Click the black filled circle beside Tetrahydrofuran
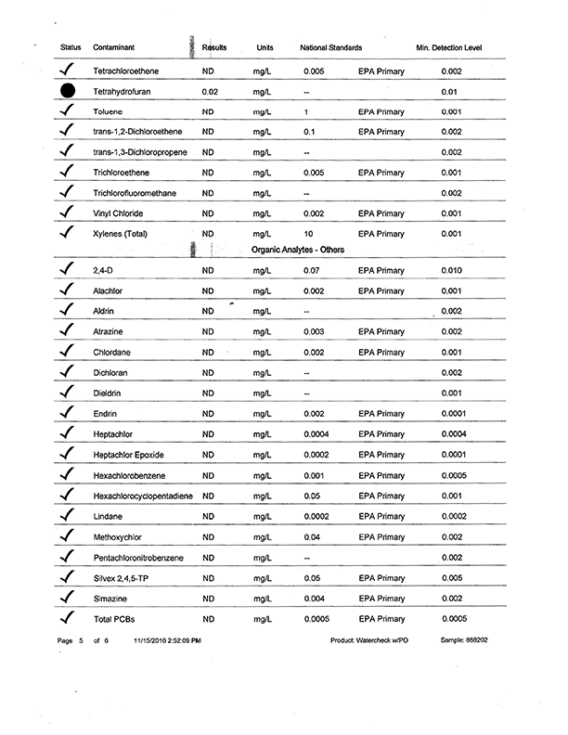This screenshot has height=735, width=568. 66,91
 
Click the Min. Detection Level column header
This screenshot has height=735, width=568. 449,47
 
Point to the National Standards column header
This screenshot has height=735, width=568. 331,47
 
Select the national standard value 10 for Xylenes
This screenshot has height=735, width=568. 309,233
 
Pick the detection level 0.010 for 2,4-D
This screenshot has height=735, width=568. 451,271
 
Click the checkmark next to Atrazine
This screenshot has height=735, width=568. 66,331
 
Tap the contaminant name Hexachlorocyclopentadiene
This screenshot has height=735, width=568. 143,496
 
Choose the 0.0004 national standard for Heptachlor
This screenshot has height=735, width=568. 316,434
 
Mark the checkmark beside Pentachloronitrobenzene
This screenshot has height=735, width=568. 66,558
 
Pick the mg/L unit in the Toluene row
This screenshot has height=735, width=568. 262,111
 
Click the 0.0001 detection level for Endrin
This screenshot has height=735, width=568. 453,414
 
